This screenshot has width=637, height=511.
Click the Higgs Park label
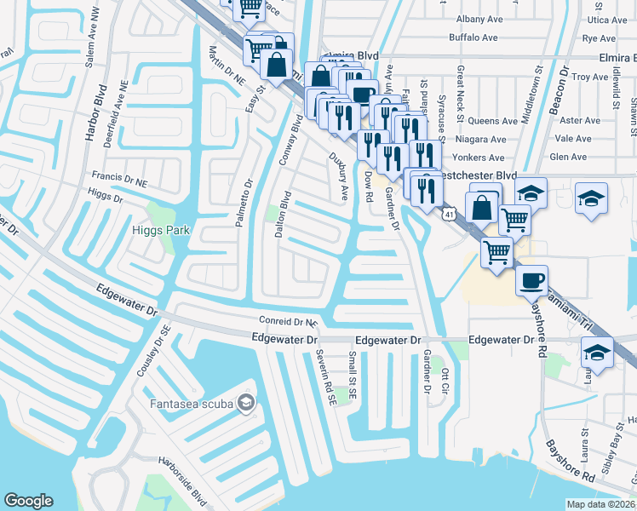click(160, 230)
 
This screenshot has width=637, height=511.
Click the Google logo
click(28, 501)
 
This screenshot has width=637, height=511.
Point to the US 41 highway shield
click(448, 214)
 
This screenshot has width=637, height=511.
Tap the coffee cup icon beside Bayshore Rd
click(531, 280)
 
